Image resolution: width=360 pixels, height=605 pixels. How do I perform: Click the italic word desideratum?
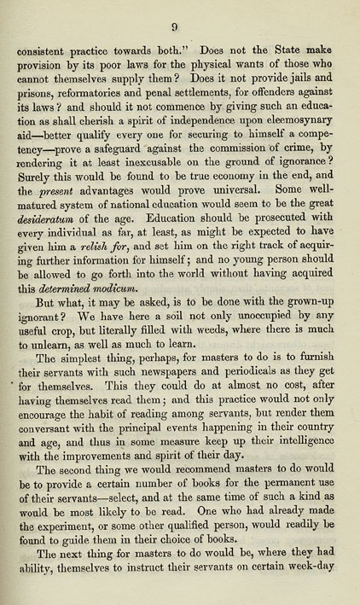46,234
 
